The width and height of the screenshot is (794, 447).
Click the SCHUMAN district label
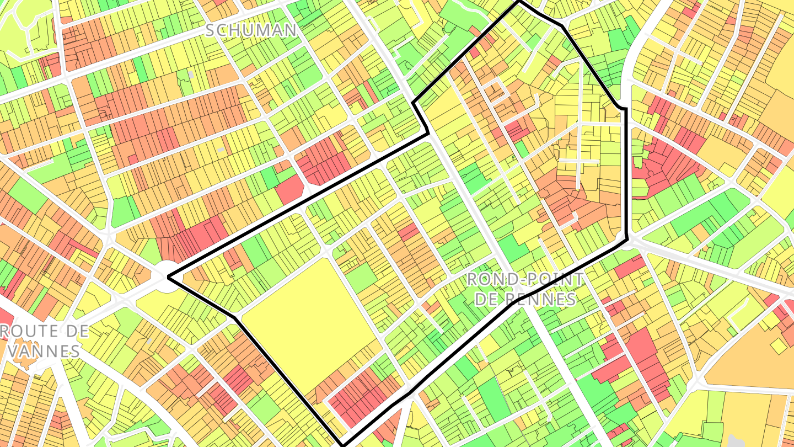click(x=251, y=30)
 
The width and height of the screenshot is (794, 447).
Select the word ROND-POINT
click(x=524, y=279)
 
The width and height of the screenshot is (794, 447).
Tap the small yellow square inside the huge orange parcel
click(x=778, y=346)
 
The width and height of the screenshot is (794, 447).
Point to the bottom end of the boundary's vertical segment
click(x=627, y=239)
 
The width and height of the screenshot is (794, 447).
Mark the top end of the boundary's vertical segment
click(x=625, y=109)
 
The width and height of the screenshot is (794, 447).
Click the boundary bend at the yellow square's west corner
click(x=237, y=317)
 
